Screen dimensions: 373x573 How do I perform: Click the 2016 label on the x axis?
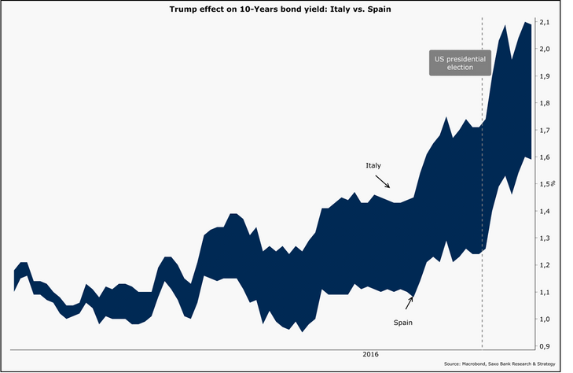[x=369, y=355]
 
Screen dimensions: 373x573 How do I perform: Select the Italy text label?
[x=373, y=166]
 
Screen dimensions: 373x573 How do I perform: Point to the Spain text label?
[x=403, y=323]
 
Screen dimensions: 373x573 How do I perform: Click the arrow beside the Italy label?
[x=382, y=180]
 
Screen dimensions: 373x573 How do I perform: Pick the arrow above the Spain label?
[x=409, y=303]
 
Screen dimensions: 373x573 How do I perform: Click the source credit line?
[x=499, y=364]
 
